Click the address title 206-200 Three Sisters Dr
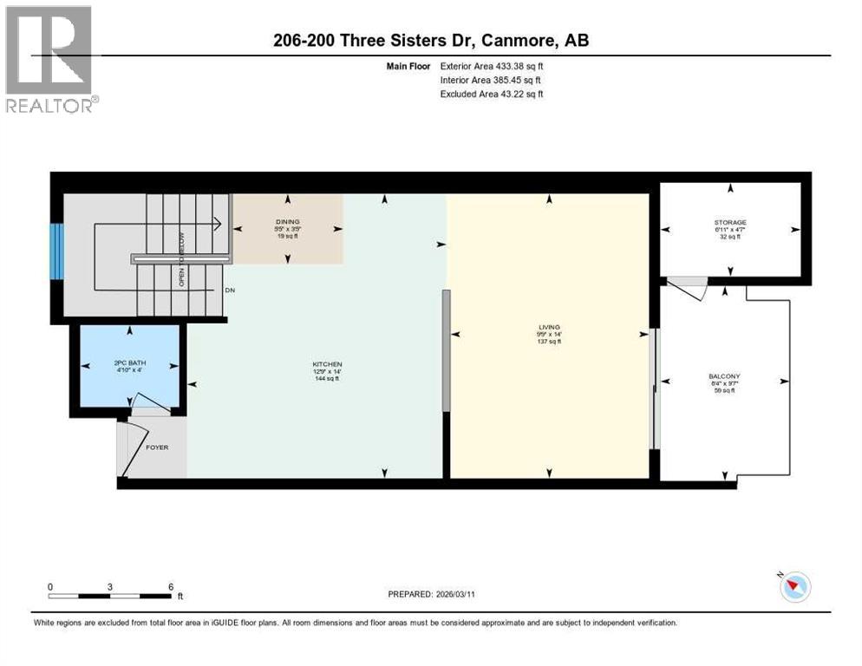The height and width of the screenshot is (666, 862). (430, 40)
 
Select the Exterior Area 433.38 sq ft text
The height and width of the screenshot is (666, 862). (492, 66)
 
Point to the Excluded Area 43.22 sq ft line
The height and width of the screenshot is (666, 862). (492, 94)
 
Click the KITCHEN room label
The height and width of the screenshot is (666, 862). (328, 363)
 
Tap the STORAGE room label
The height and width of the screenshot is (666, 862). (729, 222)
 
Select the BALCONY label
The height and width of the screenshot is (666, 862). (724, 376)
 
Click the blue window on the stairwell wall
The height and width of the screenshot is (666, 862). (56, 251)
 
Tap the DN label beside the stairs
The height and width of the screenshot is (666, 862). (229, 291)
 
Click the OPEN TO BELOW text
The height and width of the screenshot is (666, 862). (182, 259)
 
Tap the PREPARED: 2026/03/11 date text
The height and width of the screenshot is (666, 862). (433, 594)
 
